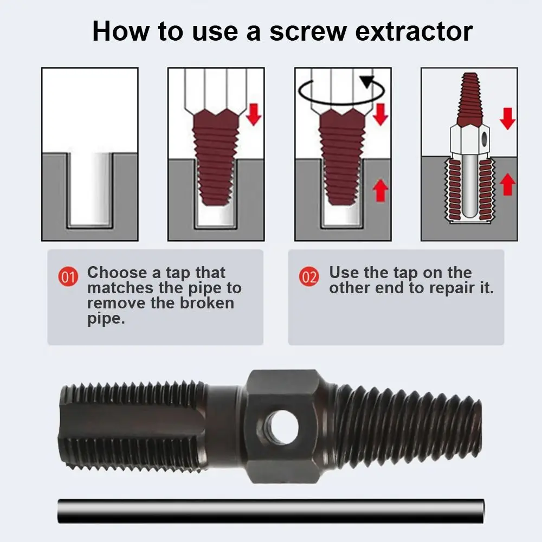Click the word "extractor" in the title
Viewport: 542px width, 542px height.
pyautogui.click(x=414, y=31)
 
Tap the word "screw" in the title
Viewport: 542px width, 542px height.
pyautogui.click(x=308, y=31)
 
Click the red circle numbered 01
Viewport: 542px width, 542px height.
pyautogui.click(x=68, y=276)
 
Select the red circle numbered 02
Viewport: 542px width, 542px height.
pyautogui.click(x=309, y=276)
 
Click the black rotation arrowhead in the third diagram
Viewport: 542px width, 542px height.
pyautogui.click(x=367, y=82)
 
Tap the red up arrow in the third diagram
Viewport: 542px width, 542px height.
pyautogui.click(x=380, y=190)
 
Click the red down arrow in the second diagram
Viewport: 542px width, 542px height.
pyautogui.click(x=253, y=114)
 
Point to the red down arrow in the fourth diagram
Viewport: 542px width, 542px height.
pyautogui.click(x=507, y=119)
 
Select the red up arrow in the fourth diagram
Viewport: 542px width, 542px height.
pyautogui.click(x=507, y=184)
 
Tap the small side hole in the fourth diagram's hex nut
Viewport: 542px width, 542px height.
pyautogui.click(x=484, y=139)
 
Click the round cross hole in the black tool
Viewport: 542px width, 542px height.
pyautogui.click(x=283, y=427)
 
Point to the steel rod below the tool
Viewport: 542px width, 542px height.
pyautogui.click(x=271, y=511)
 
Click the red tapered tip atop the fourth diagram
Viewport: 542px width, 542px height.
pyautogui.click(x=469, y=99)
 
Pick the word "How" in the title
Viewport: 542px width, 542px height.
pyautogui.click(x=121, y=31)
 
